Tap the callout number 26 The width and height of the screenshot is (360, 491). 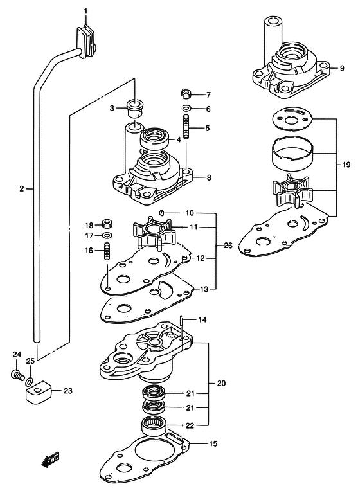[x=228, y=245]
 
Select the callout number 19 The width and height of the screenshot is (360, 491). [x=346, y=165]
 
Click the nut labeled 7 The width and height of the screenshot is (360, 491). [x=186, y=94]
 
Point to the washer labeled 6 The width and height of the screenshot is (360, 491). [x=186, y=109]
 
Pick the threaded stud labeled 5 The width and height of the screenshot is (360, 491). [x=186, y=128]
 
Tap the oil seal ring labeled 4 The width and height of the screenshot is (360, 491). [x=154, y=137]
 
